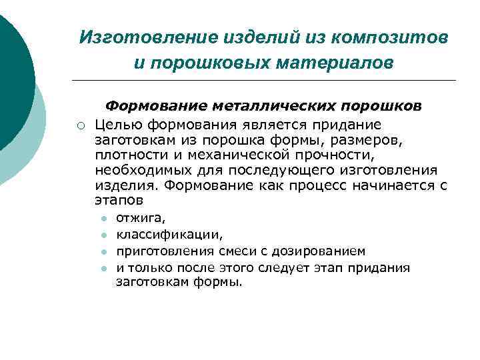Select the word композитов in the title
coord(398,37)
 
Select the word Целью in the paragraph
coord(118,125)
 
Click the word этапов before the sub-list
coord(119,200)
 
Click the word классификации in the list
coord(169,235)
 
